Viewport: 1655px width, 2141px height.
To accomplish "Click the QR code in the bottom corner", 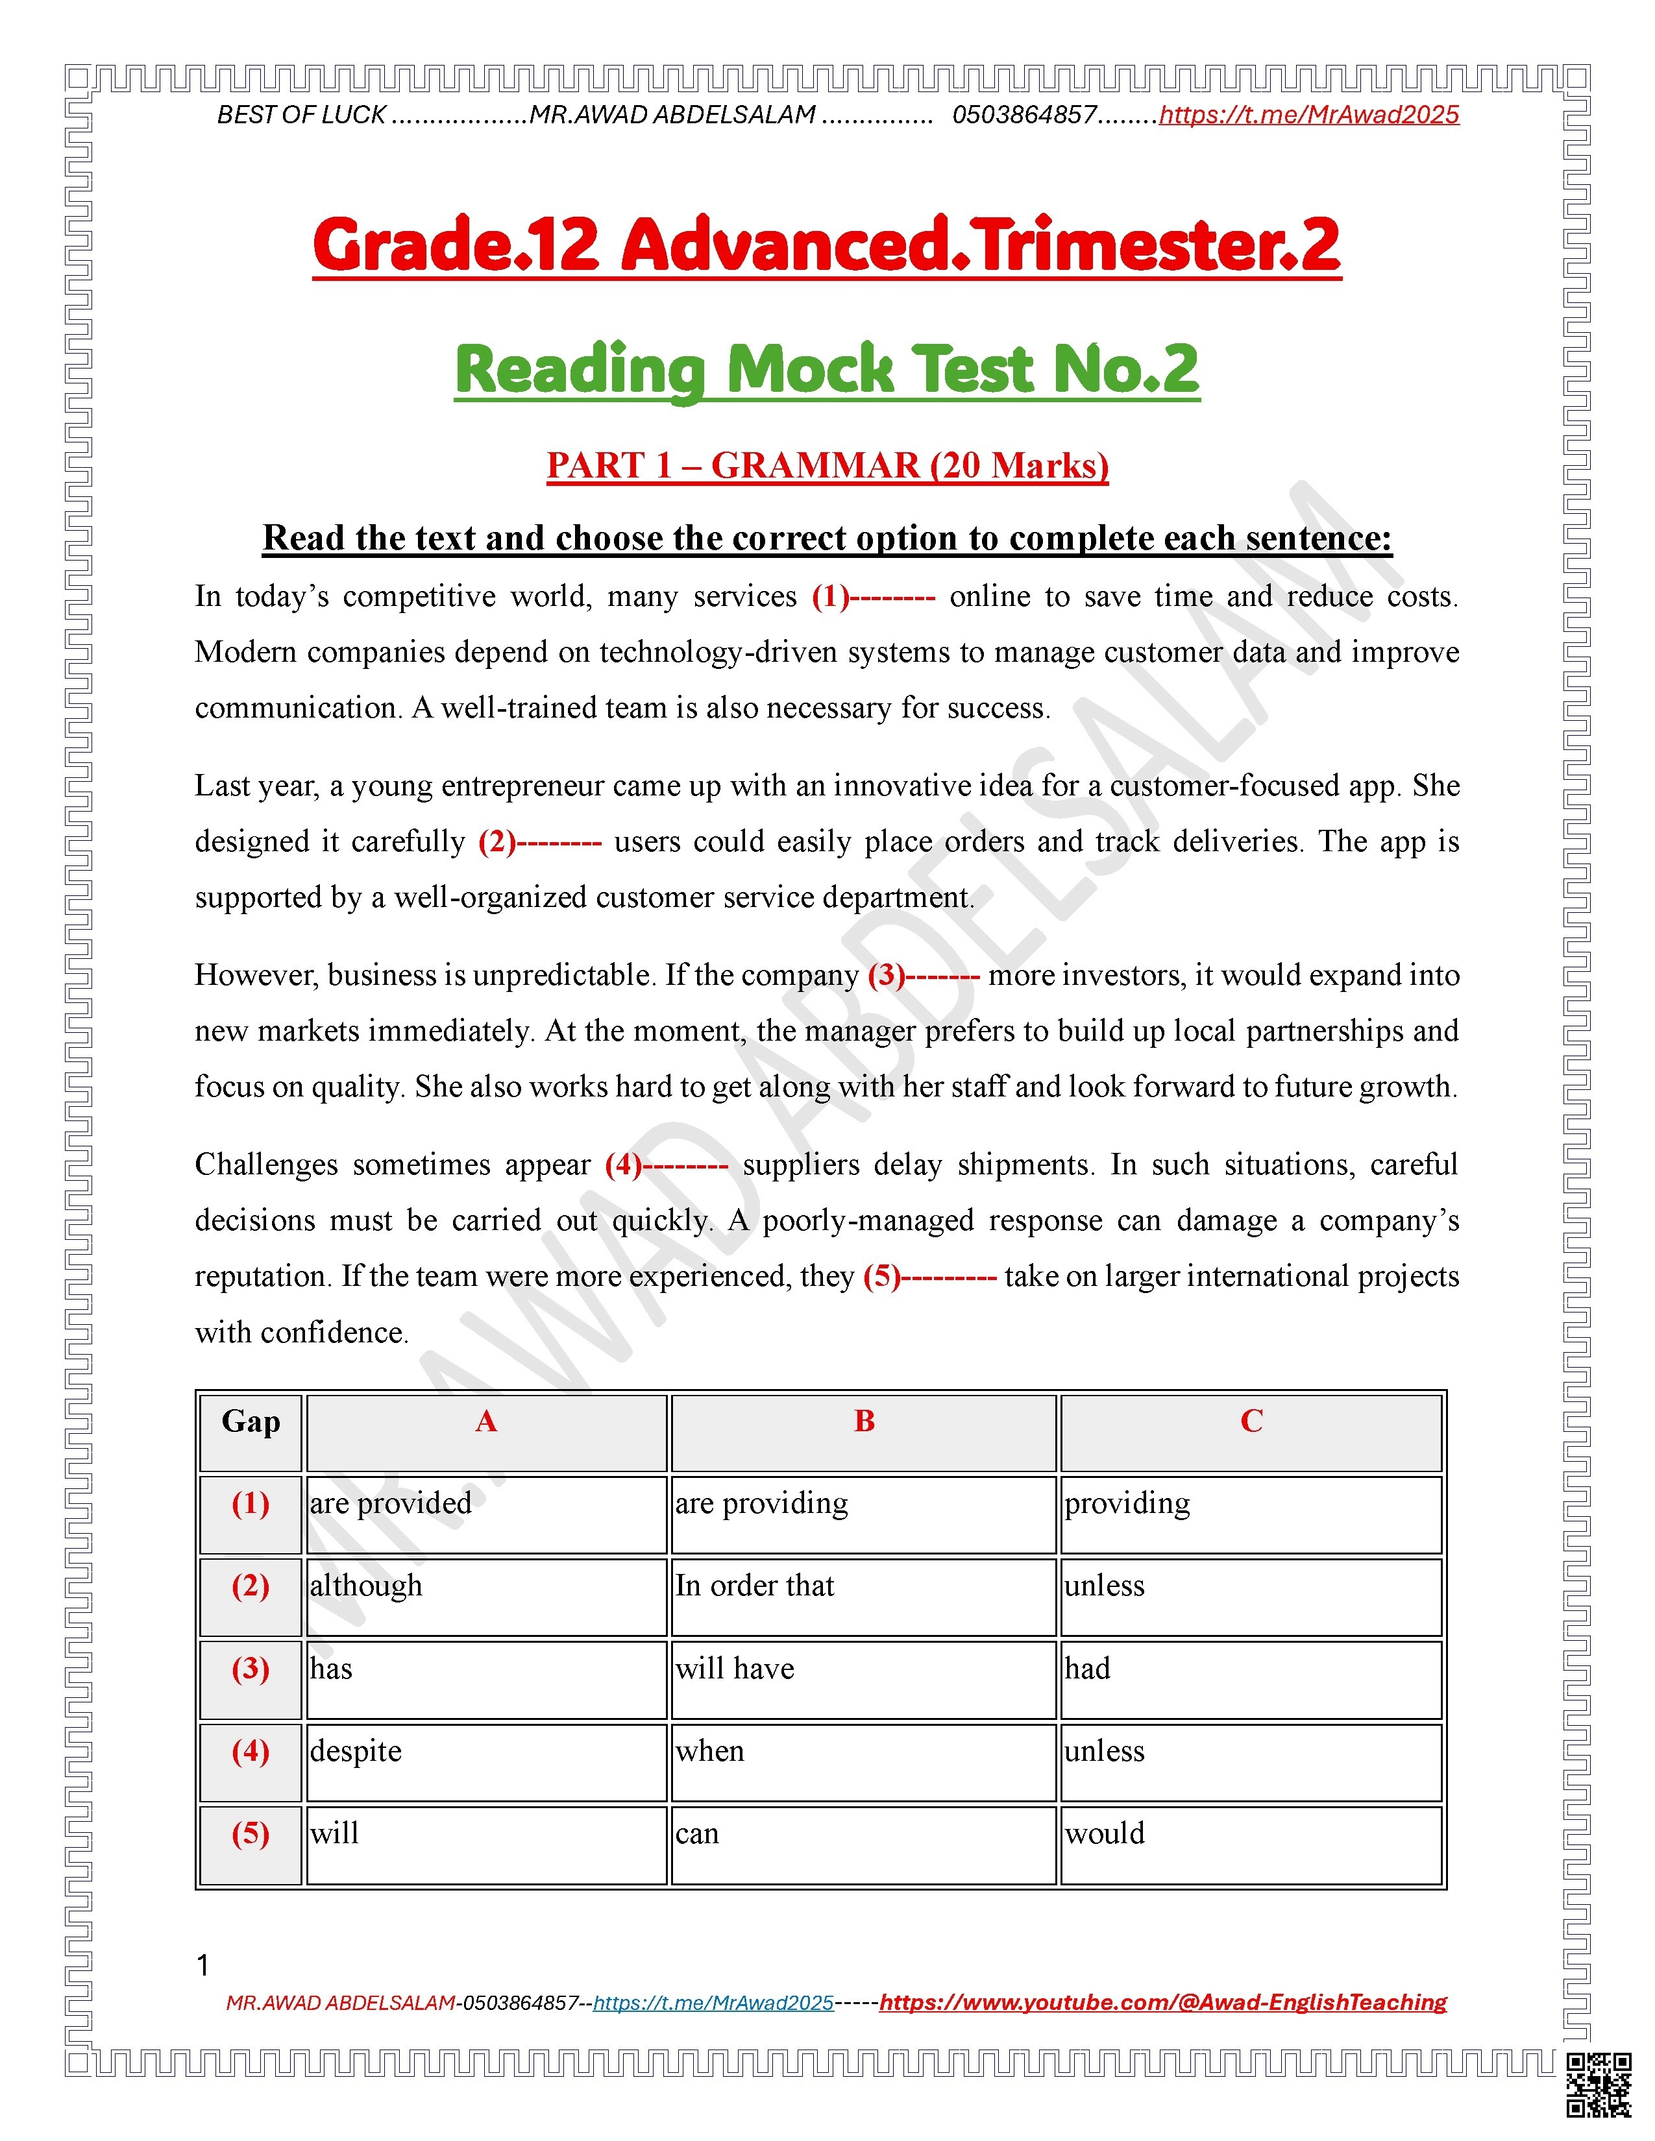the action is tap(1598, 2085).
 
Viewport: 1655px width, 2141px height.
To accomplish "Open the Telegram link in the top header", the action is tap(1309, 115).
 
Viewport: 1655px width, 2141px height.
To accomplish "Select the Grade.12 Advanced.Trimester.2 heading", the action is tap(826, 245).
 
